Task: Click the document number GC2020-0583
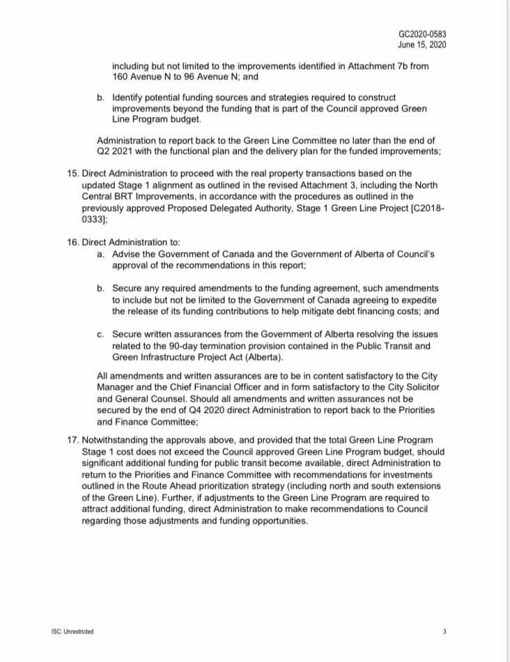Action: [422, 34]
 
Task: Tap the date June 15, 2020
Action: [422, 45]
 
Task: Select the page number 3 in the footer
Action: [444, 631]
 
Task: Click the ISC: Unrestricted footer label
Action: [72, 631]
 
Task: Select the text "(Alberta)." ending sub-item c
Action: [261, 358]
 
